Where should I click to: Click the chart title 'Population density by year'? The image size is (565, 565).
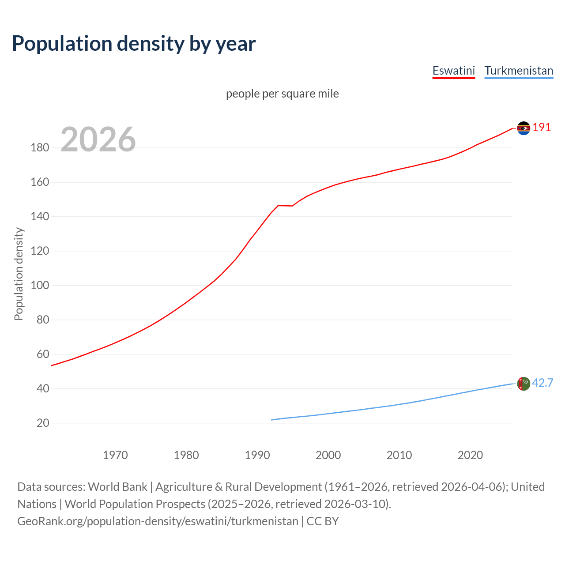coord(134,43)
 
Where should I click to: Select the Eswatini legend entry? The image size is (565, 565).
coord(453,71)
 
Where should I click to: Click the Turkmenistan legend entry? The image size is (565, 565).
coord(519,71)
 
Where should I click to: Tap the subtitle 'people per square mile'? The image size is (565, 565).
coord(282,94)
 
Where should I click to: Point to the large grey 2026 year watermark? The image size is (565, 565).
coord(98,139)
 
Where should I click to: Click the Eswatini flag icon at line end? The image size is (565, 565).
coord(524,128)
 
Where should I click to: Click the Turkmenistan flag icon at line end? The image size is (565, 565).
coord(524,384)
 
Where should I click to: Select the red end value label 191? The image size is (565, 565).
coord(542,128)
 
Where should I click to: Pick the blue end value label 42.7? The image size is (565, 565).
coord(542,383)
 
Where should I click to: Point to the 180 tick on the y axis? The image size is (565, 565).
coord(40,148)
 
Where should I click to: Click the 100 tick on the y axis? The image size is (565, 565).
coord(40,286)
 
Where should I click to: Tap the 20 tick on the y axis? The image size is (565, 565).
coord(43,423)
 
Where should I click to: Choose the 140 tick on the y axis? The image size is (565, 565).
coord(40,217)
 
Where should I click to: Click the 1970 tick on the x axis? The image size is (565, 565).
coord(115,455)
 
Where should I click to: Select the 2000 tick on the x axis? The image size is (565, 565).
coord(328,455)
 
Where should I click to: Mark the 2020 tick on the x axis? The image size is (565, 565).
coord(470,455)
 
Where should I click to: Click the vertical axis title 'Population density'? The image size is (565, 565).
coord(19,274)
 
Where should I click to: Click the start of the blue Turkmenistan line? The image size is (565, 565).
coord(272,420)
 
